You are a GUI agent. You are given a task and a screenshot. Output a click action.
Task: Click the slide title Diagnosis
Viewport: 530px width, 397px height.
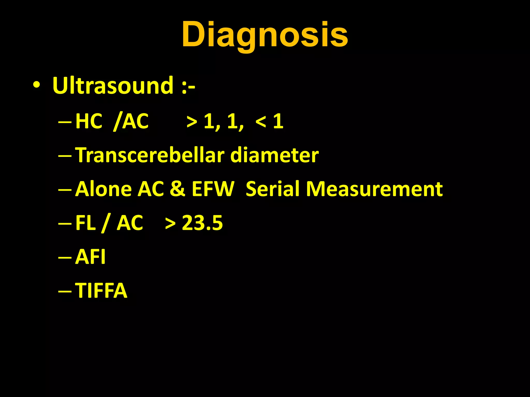point(265,35)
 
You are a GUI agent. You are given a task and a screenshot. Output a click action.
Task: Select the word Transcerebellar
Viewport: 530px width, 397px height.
point(150,155)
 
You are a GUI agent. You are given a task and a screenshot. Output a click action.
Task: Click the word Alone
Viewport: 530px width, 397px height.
point(103,189)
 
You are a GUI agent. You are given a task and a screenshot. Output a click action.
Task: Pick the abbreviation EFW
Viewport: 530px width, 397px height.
point(213,189)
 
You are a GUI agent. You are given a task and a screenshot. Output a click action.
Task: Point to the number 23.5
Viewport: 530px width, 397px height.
point(202,223)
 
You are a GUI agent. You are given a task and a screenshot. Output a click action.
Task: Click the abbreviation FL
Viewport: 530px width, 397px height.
point(85,223)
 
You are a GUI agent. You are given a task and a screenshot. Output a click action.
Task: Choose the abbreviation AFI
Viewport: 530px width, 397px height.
point(90,257)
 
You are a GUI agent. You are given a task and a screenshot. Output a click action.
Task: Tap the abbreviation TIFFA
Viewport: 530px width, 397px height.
point(101,291)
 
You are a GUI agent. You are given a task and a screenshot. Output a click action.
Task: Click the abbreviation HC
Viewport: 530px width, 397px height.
point(89,121)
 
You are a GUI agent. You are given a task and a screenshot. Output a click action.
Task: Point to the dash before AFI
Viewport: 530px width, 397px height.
point(65,257)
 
